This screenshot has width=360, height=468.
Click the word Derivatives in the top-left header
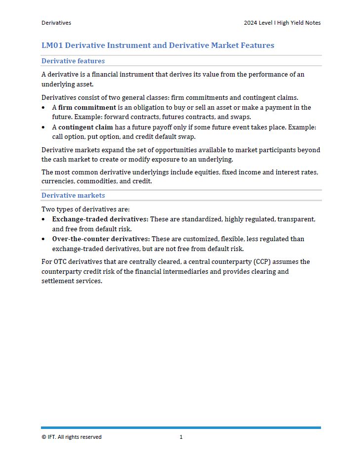pos(56,23)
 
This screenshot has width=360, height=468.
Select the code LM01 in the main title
pos(52,45)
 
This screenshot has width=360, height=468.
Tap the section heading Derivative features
pos(73,61)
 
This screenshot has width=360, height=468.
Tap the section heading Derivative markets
pos(73,196)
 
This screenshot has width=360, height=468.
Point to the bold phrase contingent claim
pos(86,128)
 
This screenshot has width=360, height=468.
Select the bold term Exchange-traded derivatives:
pos(100,219)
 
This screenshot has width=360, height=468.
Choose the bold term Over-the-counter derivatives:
pos(101,239)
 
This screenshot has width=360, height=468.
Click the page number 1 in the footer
pos(181,437)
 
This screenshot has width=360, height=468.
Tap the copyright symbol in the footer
pos(43,437)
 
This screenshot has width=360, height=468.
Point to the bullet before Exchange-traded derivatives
pos(43,219)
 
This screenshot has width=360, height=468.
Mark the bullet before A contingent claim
pos(43,128)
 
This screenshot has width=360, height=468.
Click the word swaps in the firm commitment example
pos(240,117)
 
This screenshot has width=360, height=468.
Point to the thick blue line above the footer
pos(181,427)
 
